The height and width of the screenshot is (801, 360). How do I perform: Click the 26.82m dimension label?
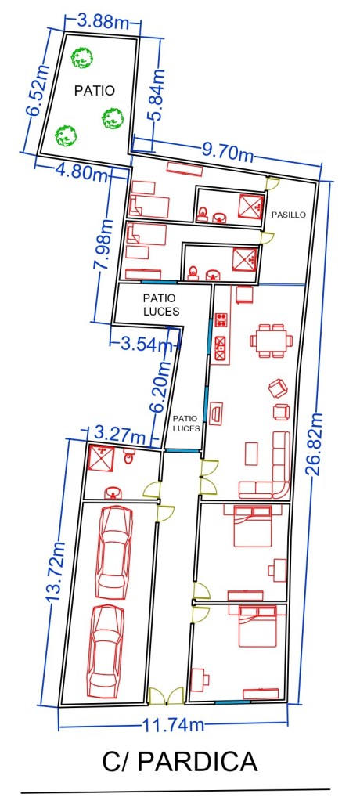pyautogui.click(x=315, y=443)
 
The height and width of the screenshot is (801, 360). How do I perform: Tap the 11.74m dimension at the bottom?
pyautogui.click(x=173, y=723)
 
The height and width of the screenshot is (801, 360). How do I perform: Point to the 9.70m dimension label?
pyautogui.click(x=227, y=152)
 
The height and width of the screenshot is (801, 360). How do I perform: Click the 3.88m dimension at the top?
pyautogui.click(x=103, y=21)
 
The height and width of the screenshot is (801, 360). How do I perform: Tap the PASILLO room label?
pyautogui.click(x=289, y=215)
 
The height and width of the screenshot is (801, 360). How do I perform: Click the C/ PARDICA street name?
pyautogui.click(x=180, y=763)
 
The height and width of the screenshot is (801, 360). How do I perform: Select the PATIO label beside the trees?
pyautogui.click(x=95, y=90)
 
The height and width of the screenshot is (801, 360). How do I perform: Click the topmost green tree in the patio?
pyautogui.click(x=81, y=57)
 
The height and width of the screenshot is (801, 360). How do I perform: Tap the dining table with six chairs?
pyautogui.click(x=271, y=341)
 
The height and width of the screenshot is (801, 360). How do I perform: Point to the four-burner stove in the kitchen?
pyautogui.click(x=221, y=320)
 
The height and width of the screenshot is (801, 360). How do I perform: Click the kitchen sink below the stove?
pyautogui.click(x=221, y=348)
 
